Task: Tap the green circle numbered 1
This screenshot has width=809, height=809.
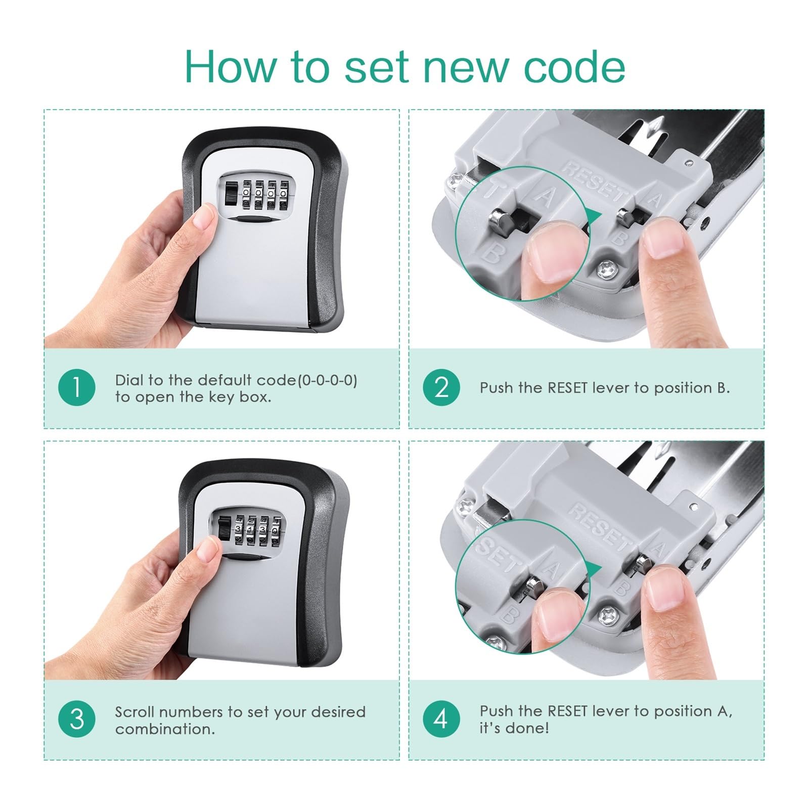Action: point(77,388)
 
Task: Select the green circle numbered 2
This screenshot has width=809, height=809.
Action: point(441,388)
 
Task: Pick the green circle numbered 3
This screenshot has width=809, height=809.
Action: point(77,719)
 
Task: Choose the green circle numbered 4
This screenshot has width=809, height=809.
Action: point(441,719)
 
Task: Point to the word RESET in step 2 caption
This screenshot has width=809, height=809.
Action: point(567,388)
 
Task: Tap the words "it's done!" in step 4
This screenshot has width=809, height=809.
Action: point(514,728)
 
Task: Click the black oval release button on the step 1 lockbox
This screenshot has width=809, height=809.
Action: point(253,219)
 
